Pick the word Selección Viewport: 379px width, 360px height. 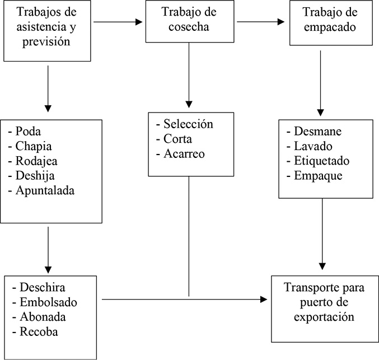[188, 124]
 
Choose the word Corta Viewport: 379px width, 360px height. [178, 138]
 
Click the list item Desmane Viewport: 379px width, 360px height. [317, 132]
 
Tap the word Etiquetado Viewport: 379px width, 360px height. [322, 161]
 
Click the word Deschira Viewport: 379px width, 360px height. [43, 288]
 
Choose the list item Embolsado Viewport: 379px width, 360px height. [48, 302]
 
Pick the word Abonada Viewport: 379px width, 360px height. [44, 317]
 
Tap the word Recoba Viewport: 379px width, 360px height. [39, 331]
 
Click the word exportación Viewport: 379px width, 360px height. [319, 317]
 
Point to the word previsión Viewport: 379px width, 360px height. [48, 41]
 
